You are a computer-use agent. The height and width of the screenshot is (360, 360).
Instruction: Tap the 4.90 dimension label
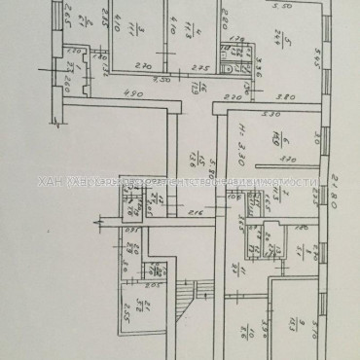(x=135, y=93)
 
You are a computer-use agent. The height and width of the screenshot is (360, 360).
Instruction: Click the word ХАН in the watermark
(x=48, y=182)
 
